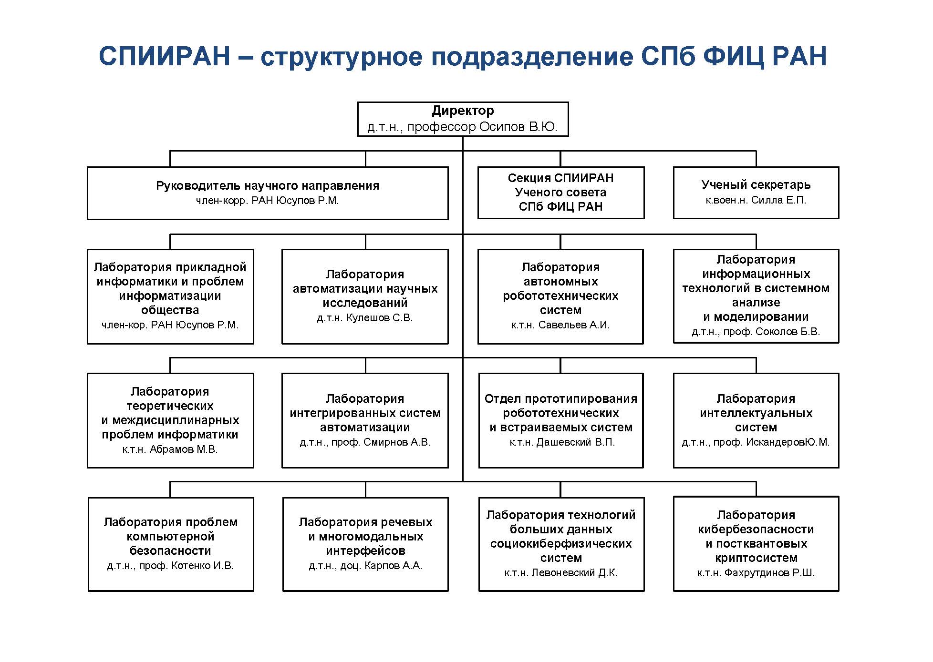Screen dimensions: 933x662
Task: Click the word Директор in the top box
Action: pos(463,111)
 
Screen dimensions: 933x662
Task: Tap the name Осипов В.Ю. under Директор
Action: pos(518,127)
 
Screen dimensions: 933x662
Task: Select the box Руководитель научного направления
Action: pos(268,193)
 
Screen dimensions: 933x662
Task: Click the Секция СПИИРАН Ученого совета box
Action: pos(561,193)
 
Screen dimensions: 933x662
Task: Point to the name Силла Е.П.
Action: pos(778,200)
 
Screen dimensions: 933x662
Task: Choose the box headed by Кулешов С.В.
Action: pos(365,296)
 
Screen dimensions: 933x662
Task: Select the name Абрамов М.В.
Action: pos(183,449)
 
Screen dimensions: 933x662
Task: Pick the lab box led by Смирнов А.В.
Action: pos(365,420)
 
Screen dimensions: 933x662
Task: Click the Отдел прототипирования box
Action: pos(561,420)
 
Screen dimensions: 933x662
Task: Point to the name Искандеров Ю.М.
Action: pos(788,442)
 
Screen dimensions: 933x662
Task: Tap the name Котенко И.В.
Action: pos(202,566)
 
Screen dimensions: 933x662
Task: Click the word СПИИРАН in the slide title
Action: pos(165,56)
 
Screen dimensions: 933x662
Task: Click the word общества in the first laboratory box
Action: pos(170,310)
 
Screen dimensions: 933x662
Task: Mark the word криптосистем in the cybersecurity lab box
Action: pos(756,558)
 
